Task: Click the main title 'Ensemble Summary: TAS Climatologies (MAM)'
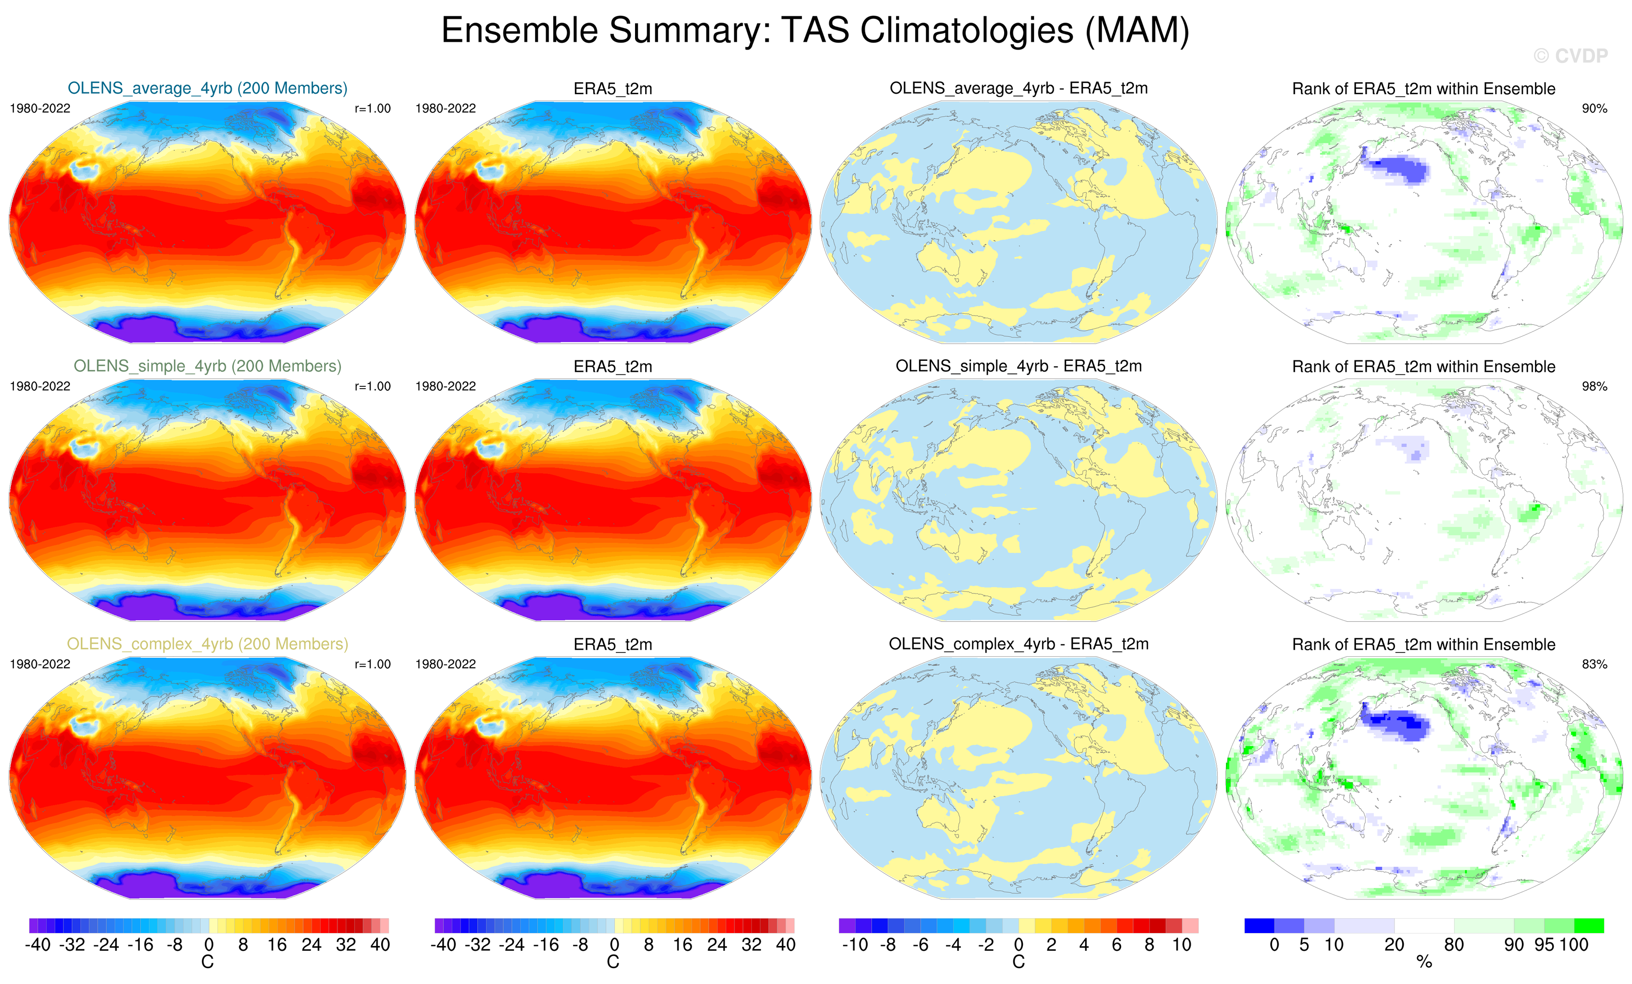[x=815, y=30]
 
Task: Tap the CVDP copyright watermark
[x=1570, y=56]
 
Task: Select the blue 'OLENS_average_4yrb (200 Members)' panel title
[x=207, y=88]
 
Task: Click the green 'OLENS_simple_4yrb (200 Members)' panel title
[x=207, y=366]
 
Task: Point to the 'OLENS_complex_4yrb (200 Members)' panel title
[x=207, y=644]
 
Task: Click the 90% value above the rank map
[x=1594, y=109]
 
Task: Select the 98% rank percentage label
[x=1594, y=386]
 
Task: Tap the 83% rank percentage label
[x=1594, y=664]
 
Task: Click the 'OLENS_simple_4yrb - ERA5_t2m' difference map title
[x=1019, y=366]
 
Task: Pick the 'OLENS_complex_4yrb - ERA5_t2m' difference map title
[x=1019, y=644]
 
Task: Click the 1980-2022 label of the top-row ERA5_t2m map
[x=446, y=109]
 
